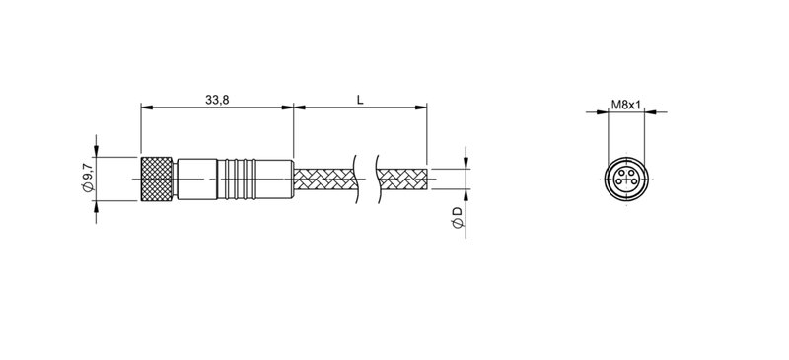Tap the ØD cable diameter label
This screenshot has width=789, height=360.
456,220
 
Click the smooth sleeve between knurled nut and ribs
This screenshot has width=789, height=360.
198,180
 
